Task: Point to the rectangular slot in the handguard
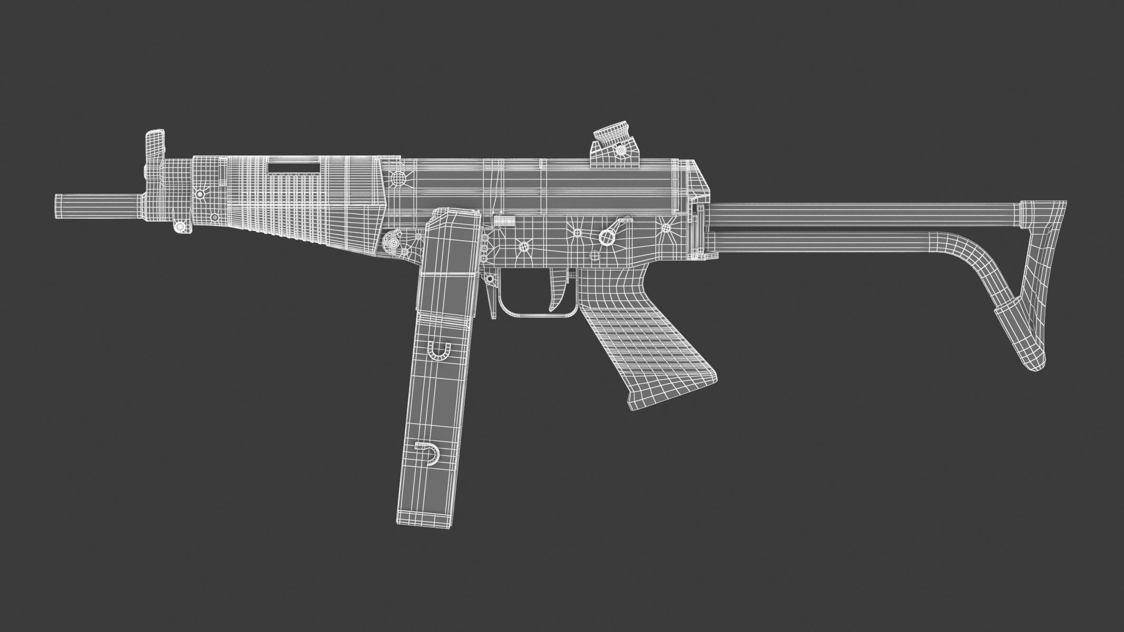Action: pyautogui.click(x=294, y=168)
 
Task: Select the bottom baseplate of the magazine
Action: pyautogui.click(x=425, y=521)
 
